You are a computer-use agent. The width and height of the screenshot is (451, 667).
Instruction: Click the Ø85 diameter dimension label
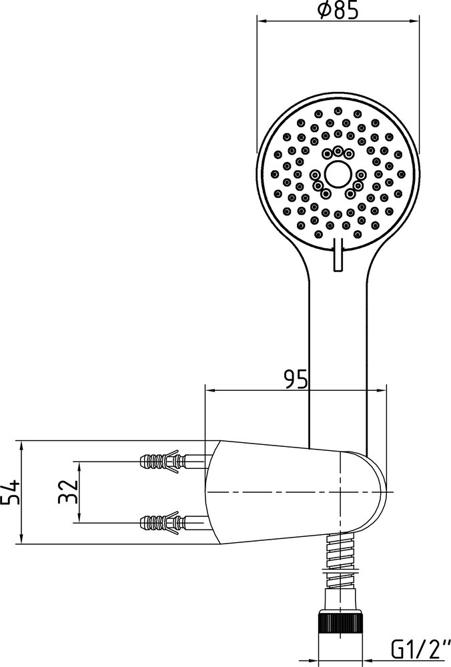point(338,9)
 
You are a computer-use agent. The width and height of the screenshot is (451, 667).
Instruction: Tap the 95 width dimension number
point(296,379)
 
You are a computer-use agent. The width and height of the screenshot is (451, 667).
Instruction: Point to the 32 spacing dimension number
point(67,492)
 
